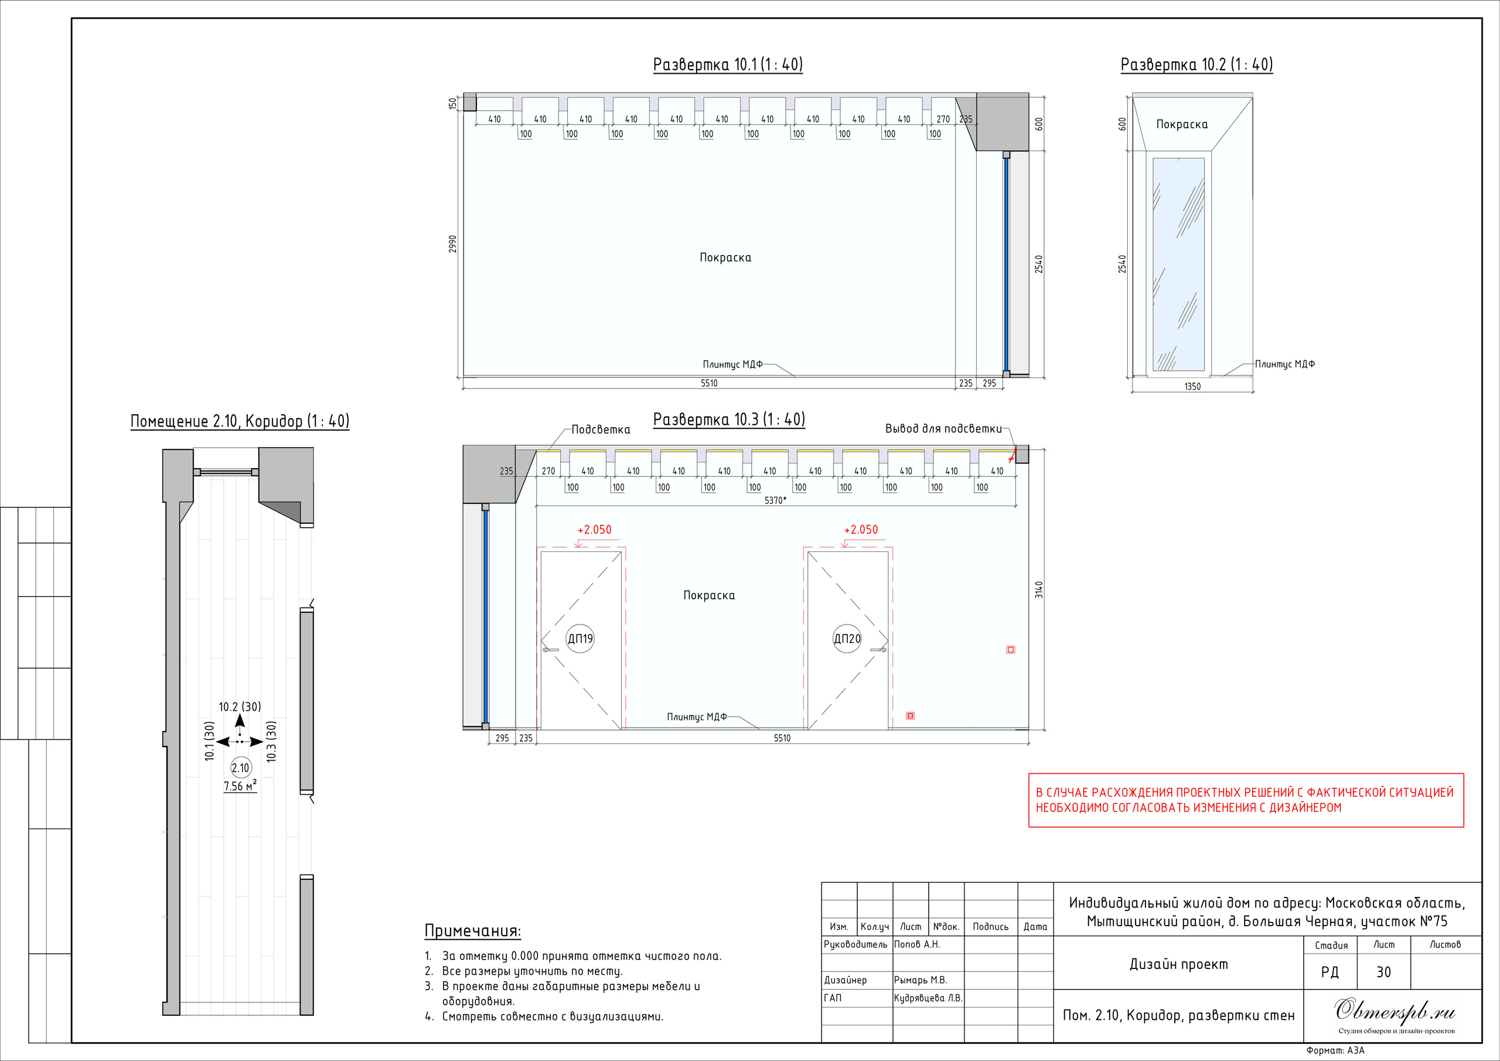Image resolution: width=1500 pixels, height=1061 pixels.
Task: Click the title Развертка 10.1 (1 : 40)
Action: point(728,64)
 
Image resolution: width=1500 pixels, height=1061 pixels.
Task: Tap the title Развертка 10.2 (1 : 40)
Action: point(1196,64)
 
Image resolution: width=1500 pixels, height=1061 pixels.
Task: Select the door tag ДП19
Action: point(580,638)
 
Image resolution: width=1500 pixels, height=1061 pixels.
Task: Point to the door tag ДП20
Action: point(847,638)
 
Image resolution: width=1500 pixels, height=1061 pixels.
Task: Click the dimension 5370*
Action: point(775,500)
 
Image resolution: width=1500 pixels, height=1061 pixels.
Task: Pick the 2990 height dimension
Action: point(453,244)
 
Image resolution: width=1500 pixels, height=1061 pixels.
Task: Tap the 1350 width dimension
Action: point(1192,387)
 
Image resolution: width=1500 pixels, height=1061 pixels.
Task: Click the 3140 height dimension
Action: point(1039,589)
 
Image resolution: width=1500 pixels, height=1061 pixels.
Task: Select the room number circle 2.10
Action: point(240,768)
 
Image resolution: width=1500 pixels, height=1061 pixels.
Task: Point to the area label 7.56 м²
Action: point(240,786)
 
